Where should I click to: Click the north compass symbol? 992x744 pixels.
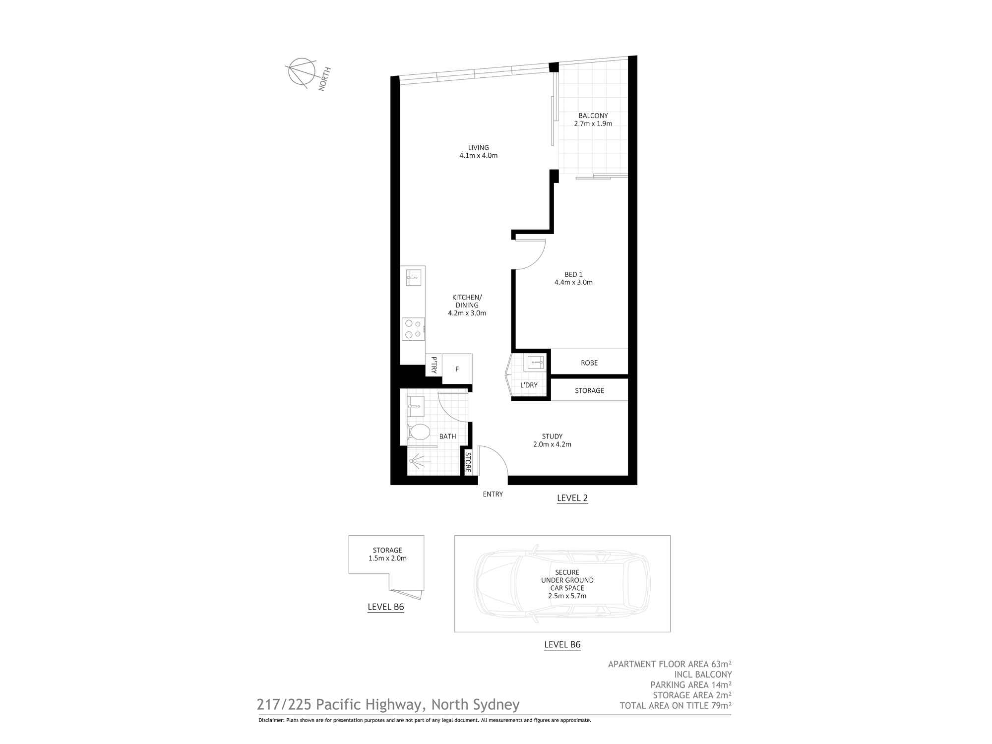[302, 73]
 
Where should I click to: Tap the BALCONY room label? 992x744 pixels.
[593, 116]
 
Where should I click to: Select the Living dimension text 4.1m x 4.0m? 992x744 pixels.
[479, 155]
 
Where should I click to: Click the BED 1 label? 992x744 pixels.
[573, 274]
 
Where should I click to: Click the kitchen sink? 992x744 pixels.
[414, 278]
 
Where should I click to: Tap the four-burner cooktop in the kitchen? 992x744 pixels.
[414, 329]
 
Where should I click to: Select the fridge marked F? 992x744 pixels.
[457, 369]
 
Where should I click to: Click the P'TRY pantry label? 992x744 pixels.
[434, 365]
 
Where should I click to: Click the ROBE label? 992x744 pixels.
[589, 363]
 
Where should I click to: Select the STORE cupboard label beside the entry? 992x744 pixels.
[468, 462]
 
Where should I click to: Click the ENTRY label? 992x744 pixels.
[493, 494]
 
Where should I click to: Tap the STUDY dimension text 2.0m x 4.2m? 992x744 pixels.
[552, 444]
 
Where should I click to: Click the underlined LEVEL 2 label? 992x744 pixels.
[572, 498]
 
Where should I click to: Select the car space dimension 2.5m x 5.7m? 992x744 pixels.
[567, 596]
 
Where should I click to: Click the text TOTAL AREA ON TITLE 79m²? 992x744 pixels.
[676, 706]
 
